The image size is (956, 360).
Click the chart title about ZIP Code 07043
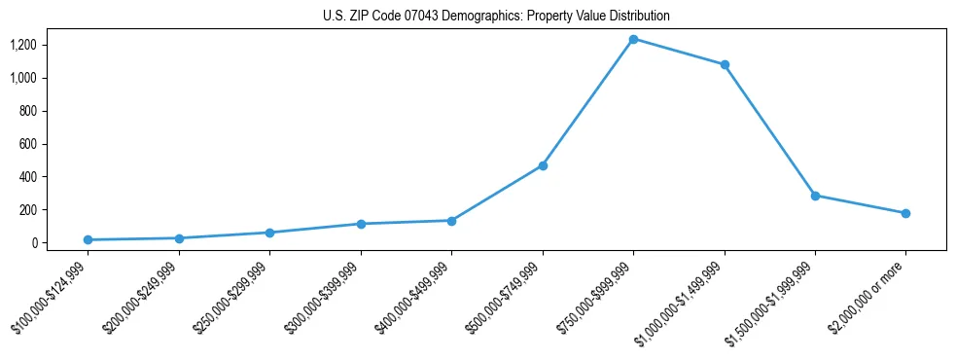(x=496, y=17)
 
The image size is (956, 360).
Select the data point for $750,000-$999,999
(x=633, y=39)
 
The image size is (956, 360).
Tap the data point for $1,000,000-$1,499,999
(x=725, y=65)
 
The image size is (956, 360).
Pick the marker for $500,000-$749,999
(x=543, y=165)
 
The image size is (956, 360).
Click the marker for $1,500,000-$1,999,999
(x=815, y=196)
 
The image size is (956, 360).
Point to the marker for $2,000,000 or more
(x=905, y=213)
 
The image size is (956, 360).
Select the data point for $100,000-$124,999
(x=88, y=239)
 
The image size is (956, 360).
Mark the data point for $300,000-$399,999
(x=361, y=224)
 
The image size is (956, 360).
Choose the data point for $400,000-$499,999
(x=451, y=221)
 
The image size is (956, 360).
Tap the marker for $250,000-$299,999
(x=269, y=233)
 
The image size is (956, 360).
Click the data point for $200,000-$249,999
(x=179, y=238)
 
